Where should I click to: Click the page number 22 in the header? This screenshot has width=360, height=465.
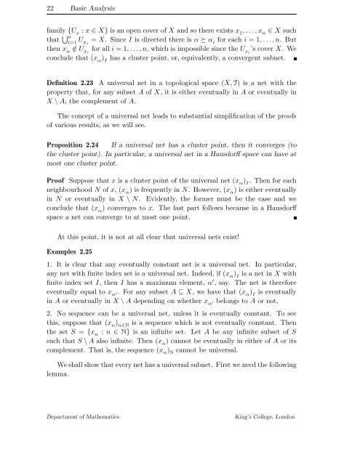[21, 9]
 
